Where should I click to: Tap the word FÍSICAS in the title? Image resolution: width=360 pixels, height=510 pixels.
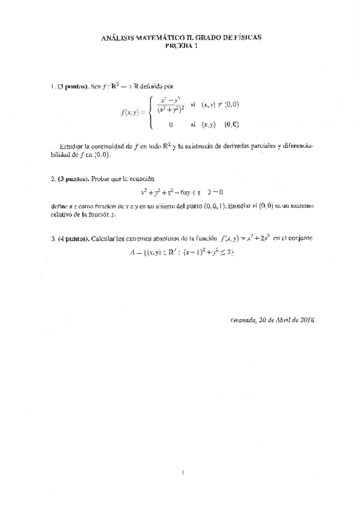tap(245, 37)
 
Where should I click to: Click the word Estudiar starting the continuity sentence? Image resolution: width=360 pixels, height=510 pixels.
tap(70, 146)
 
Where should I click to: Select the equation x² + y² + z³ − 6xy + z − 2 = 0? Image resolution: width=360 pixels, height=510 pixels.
tap(182, 193)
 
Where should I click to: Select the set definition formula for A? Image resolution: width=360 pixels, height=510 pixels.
tap(180, 253)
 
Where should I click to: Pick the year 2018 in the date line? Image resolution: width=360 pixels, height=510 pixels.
tap(307, 320)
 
